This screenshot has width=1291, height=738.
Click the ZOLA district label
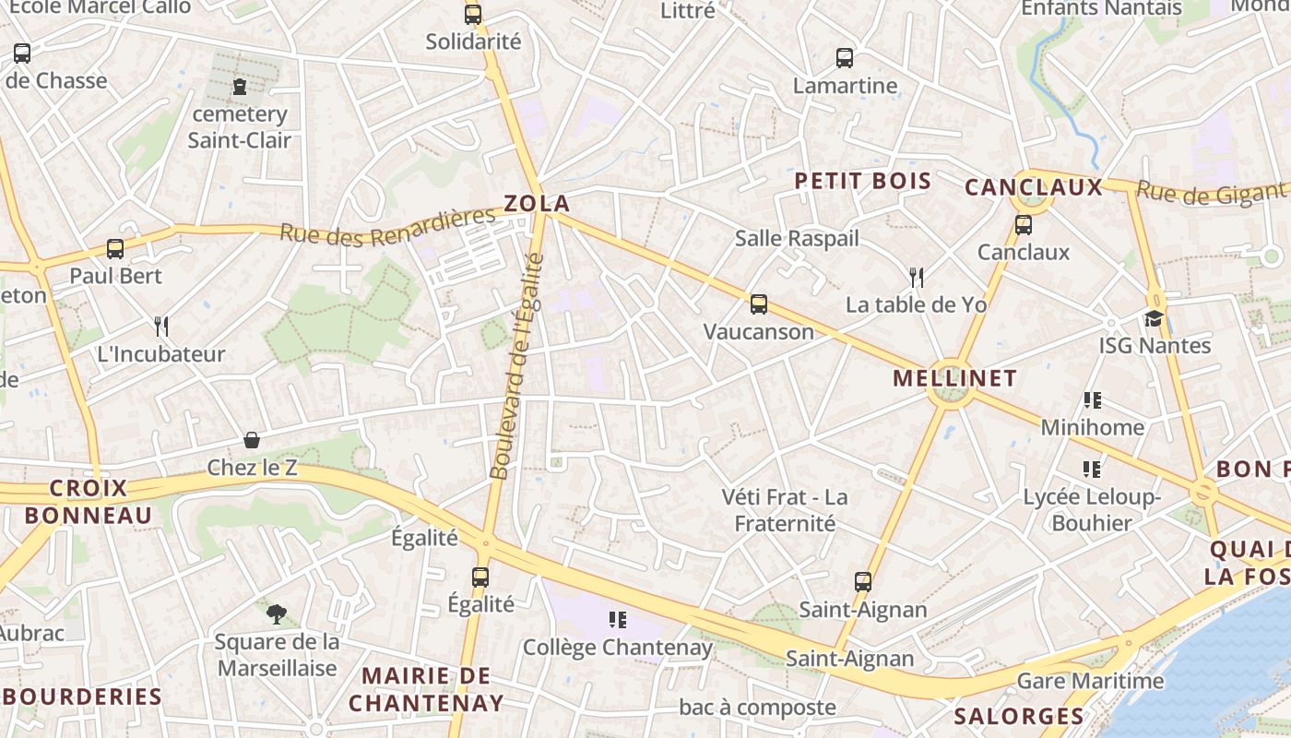[x=537, y=203]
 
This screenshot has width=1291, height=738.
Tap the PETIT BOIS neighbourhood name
[x=863, y=181]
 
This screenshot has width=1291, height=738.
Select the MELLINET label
[x=955, y=377]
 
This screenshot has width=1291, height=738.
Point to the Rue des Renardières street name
[x=387, y=227]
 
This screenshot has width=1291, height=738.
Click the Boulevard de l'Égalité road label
[x=517, y=366]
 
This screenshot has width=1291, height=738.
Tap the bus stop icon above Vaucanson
[x=759, y=304]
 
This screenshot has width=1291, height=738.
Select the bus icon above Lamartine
[x=845, y=58]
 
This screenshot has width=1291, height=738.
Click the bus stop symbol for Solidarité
[x=473, y=15]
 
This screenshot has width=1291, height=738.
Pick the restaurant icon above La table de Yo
[x=916, y=277]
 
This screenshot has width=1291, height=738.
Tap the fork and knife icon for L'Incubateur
[x=161, y=326]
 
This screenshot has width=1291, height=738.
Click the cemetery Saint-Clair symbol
[x=240, y=88]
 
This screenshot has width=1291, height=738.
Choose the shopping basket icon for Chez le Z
[x=251, y=440]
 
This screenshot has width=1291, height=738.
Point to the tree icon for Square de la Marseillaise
[x=276, y=613]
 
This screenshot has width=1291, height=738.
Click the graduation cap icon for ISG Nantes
[x=1155, y=318]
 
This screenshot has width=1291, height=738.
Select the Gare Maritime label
[x=1090, y=682]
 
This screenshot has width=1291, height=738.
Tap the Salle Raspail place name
[x=797, y=238]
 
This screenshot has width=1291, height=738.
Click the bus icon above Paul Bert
[x=115, y=248]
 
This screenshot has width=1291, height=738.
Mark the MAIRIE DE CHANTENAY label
[x=426, y=689]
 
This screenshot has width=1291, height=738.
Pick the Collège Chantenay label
[x=618, y=648]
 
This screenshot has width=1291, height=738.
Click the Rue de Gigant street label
[x=1210, y=192]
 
